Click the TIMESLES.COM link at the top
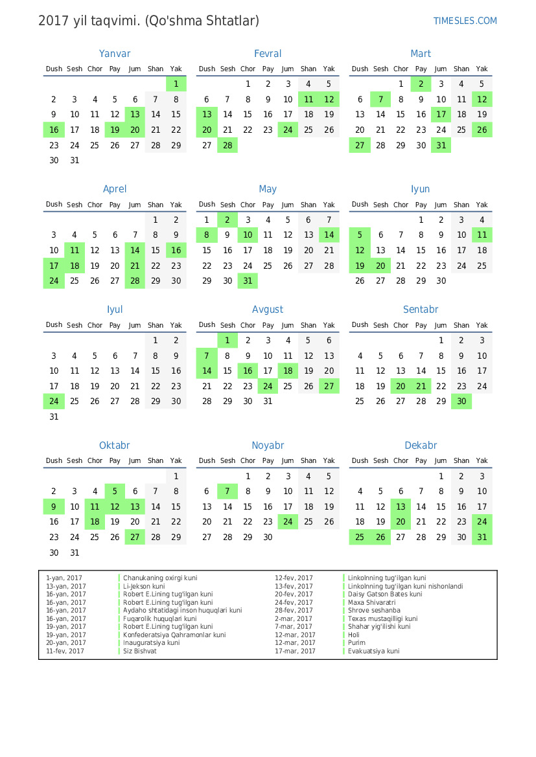(x=465, y=21)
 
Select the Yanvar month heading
(x=115, y=54)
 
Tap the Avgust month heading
(x=268, y=310)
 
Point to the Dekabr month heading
(x=421, y=446)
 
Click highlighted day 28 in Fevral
(x=227, y=146)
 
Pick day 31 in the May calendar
(x=248, y=281)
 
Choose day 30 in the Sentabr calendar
(x=461, y=401)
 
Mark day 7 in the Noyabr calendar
(x=227, y=491)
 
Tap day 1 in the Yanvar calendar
(x=176, y=84)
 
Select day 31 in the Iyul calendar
(x=54, y=417)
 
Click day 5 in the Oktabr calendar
(x=115, y=491)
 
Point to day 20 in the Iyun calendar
(x=380, y=266)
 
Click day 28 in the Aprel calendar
(x=135, y=281)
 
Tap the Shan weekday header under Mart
(x=461, y=69)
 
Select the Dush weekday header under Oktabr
(x=54, y=460)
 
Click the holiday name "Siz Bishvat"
(x=140, y=651)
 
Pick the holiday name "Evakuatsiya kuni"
(x=374, y=651)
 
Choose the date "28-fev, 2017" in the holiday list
(x=294, y=611)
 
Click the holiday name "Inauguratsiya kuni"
(x=152, y=643)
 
